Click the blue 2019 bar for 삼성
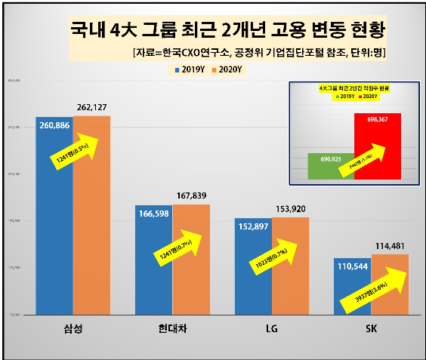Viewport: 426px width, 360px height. point(54,226)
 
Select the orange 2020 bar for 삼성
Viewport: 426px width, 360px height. point(91,242)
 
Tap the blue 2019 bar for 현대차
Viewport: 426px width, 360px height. point(153,272)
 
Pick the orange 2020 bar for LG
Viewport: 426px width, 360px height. point(291,279)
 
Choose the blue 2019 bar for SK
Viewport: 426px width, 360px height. point(352,291)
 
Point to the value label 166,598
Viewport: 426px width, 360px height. point(155,215)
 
